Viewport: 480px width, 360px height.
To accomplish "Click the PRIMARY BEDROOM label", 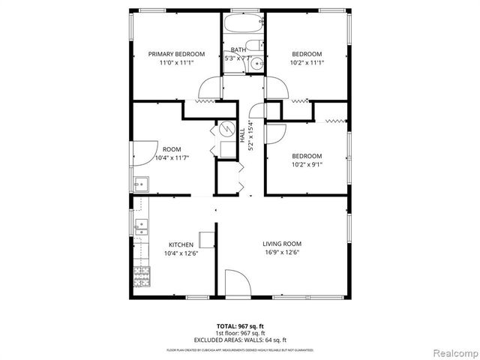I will tap(176, 54).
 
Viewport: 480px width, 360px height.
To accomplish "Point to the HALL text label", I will tap(242, 137).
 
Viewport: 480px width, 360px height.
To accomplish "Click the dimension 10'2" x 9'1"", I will tap(307, 165).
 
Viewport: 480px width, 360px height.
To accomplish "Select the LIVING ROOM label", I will tap(282, 244).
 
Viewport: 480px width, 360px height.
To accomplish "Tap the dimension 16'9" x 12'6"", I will tap(282, 253).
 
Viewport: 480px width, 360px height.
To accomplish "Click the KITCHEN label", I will tap(181, 244).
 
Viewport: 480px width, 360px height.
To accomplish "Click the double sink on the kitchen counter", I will tap(140, 227).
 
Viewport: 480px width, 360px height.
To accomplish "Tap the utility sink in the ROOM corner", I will tap(140, 183).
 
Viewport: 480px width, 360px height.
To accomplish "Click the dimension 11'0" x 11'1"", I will tap(176, 63).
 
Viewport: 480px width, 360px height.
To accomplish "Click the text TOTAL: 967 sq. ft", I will tap(239, 326).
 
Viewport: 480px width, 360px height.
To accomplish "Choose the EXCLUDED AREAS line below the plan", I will tap(239, 340).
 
